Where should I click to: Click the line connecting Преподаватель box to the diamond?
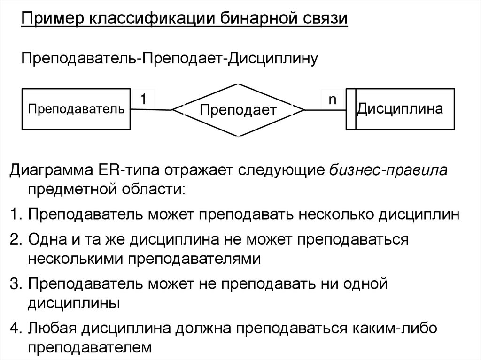151,110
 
